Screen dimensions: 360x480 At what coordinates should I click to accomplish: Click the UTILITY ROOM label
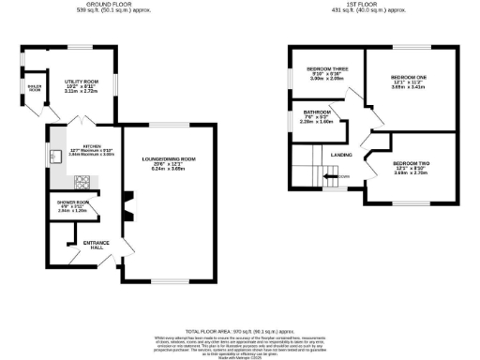pos(80,82)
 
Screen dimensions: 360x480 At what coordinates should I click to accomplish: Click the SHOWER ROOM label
pos(72,202)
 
